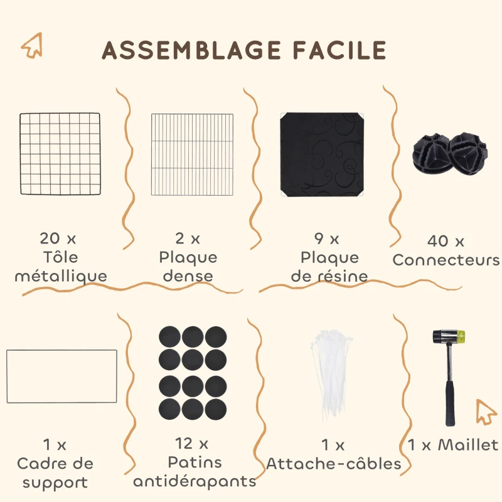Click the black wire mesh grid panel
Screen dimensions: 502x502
60,154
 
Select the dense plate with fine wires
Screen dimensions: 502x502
192,154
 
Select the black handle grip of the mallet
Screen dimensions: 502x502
451,404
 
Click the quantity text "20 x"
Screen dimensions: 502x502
57,238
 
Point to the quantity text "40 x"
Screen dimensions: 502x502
446,241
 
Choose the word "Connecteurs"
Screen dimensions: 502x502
446,260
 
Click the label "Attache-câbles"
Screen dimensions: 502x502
333,464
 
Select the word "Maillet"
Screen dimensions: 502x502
467,445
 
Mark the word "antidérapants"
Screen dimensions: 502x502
195,481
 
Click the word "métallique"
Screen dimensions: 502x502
61,275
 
